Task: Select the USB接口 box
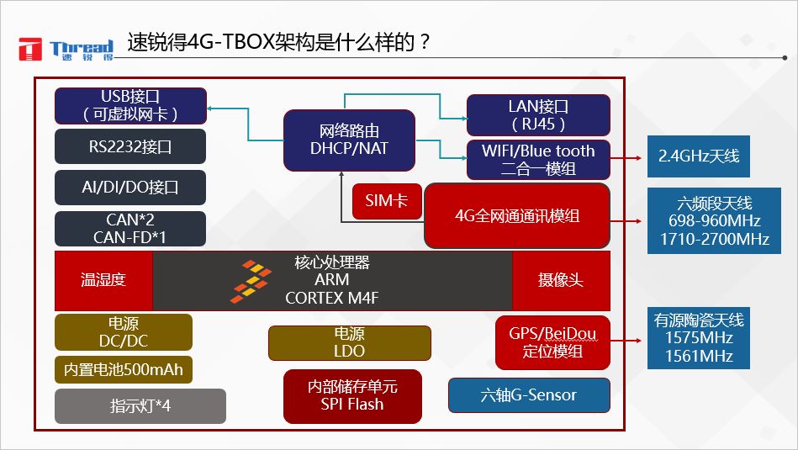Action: pos(130,106)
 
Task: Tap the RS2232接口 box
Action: pos(130,146)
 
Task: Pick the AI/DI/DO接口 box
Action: pos(130,187)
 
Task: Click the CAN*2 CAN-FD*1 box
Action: pos(130,228)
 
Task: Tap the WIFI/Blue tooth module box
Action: pos(538,159)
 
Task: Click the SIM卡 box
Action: pos(387,201)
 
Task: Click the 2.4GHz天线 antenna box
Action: pos(699,156)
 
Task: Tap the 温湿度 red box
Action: pos(103,280)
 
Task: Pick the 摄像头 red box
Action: pos(561,280)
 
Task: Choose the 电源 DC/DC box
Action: pos(124,332)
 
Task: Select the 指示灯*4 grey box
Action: pos(140,405)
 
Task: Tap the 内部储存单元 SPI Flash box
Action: pos(352,395)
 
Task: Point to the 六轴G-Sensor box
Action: pos(529,395)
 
